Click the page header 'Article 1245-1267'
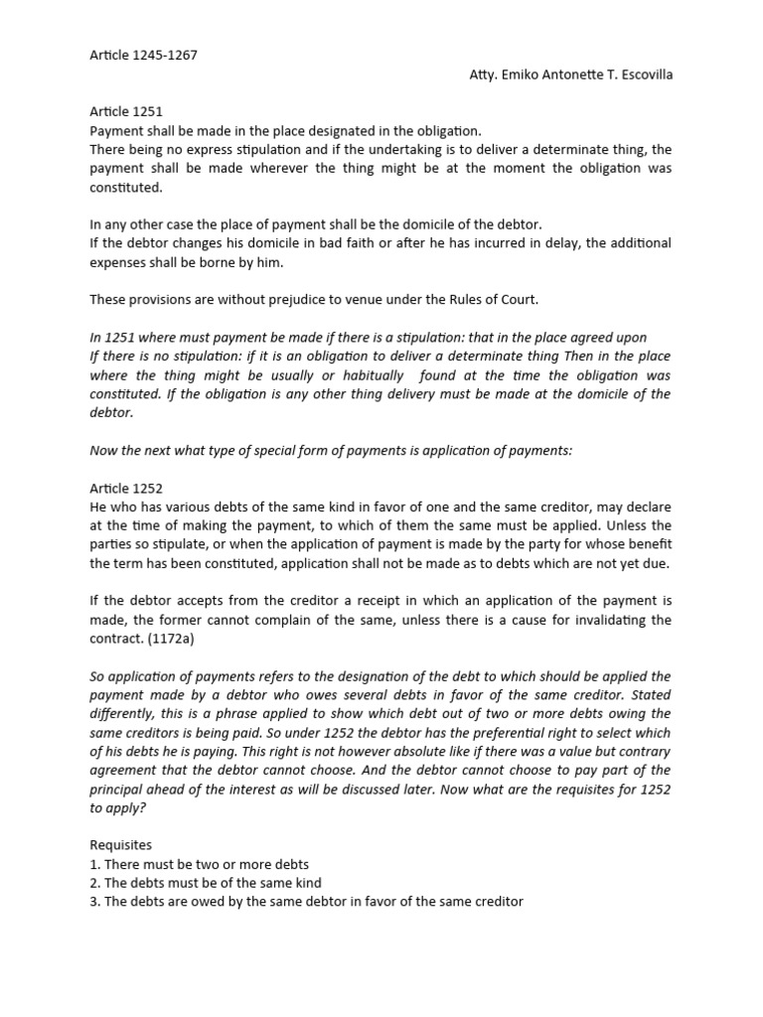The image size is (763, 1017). pos(143,55)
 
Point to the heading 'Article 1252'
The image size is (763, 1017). pos(126,488)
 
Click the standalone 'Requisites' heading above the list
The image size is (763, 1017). pos(120,845)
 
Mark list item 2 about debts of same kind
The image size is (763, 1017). pos(206,883)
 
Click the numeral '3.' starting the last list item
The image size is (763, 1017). pos(95,902)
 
